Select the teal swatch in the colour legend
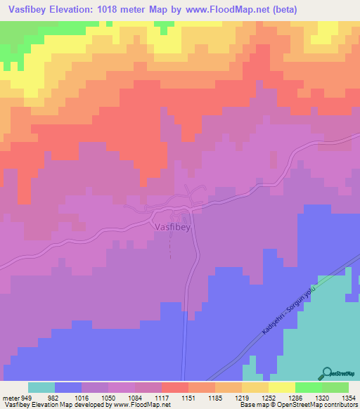pyautogui.click(x=41, y=387)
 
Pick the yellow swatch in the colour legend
pyautogui.click(x=281, y=387)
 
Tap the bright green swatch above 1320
pyautogui.click(x=308, y=387)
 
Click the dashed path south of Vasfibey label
pyautogui.click(x=169, y=247)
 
